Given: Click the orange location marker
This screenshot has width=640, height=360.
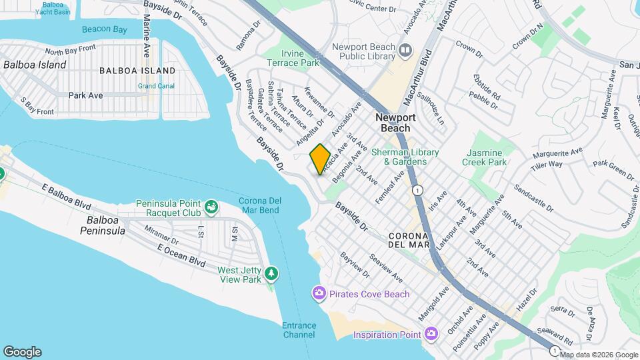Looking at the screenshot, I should tap(320, 159).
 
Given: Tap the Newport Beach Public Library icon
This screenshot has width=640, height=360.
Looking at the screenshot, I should tap(405, 51).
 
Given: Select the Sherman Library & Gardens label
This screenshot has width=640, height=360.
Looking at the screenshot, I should tap(405, 157).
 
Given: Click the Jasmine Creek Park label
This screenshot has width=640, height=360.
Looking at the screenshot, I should tap(484, 157).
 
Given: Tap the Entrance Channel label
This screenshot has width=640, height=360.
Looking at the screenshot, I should tap(299, 329).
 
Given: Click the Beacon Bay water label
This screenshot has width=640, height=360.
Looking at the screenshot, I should tap(104, 29).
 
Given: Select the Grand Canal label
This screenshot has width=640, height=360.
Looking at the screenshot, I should tap(156, 86).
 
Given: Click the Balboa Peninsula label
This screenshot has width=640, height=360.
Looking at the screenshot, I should tap(107, 225).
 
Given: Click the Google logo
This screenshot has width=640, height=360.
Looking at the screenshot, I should tap(22, 351).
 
